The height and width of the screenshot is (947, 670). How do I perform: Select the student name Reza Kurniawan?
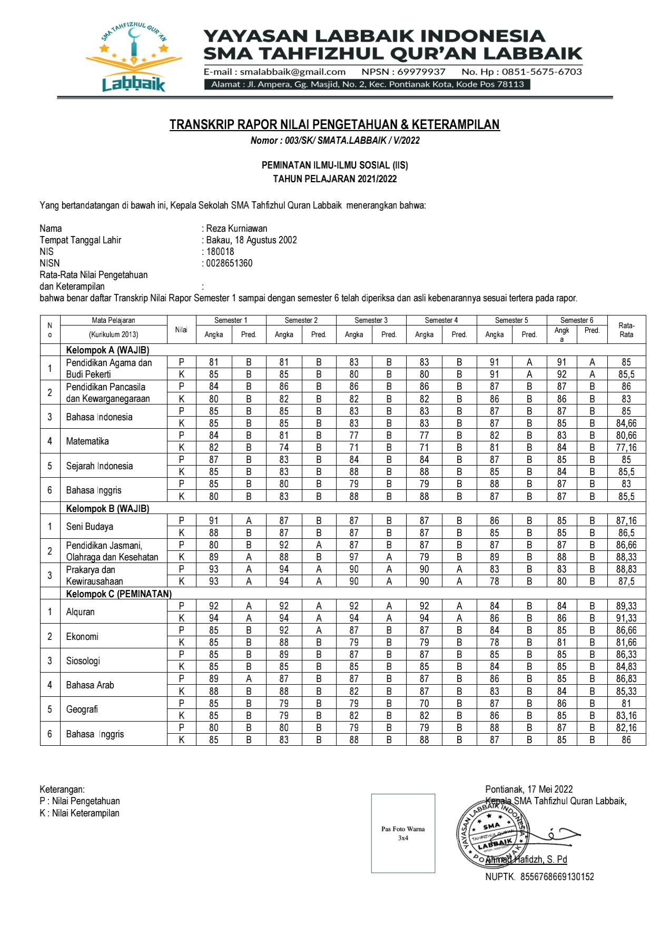237,229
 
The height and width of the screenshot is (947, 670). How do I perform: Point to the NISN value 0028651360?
229,263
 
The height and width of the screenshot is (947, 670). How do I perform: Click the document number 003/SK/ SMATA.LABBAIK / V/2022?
352,141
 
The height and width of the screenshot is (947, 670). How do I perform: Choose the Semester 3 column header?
371,320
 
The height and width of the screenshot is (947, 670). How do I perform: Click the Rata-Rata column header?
626,330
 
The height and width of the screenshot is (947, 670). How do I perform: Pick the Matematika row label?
87,441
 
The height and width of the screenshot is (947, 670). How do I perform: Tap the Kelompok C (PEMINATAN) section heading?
119,594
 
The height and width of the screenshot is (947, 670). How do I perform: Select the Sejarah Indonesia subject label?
100,466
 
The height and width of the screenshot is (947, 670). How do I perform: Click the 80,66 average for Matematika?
626,436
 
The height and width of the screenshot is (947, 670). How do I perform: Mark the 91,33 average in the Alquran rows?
626,618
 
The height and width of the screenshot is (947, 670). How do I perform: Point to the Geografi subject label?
82,709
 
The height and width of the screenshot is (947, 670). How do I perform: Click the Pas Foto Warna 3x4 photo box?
403,833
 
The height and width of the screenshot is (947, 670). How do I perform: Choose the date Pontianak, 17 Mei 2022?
529,789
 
